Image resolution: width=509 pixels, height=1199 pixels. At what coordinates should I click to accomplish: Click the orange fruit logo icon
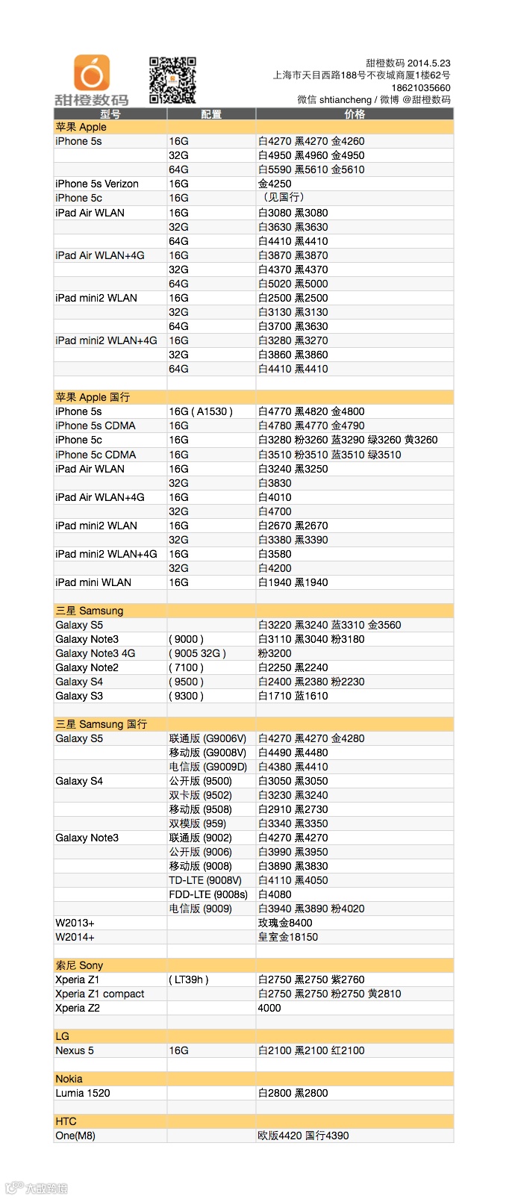pyautogui.click(x=92, y=73)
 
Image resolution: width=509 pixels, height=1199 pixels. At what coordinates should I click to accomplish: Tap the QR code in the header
pyautogui.click(x=172, y=80)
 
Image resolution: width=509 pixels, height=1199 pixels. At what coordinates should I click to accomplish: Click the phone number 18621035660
pyautogui.click(x=421, y=88)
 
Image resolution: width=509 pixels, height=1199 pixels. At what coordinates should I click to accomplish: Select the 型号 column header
pyautogui.click(x=110, y=114)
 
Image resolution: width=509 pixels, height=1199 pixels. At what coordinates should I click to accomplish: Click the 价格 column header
pyautogui.click(x=355, y=114)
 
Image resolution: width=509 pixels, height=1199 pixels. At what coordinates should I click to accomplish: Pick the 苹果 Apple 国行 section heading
pyautogui.click(x=93, y=397)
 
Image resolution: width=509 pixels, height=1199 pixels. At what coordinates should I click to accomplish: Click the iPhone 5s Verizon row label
pyautogui.click(x=97, y=184)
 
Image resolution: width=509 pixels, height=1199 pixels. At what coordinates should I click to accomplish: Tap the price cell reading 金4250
pyautogui.click(x=275, y=184)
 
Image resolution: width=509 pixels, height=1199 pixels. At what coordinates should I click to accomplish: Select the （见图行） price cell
pyautogui.click(x=281, y=198)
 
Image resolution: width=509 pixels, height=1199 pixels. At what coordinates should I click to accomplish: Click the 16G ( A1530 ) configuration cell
pyautogui.click(x=201, y=411)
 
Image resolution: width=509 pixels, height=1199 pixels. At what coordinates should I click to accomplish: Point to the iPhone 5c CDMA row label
pyautogui.click(x=96, y=455)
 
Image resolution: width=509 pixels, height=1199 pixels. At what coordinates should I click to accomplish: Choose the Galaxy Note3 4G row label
pyautogui.click(x=96, y=653)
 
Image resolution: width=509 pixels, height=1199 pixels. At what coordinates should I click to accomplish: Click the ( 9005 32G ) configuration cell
pyautogui.click(x=198, y=653)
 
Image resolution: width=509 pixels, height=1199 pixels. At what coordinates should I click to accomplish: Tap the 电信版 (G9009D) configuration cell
pyautogui.click(x=207, y=767)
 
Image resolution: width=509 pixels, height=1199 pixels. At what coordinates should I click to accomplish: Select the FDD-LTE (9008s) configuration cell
pyautogui.click(x=208, y=894)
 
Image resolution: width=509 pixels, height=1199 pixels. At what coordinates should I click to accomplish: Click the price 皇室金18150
pyautogui.click(x=288, y=937)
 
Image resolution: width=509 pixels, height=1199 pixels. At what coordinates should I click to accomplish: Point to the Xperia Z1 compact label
pyautogui.click(x=100, y=994)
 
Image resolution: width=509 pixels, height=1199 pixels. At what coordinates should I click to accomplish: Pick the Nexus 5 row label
pyautogui.click(x=75, y=1050)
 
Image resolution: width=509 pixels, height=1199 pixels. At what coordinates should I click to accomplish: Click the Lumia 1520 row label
pyautogui.click(x=83, y=1093)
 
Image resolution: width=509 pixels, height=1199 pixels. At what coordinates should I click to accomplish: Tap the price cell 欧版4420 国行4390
pyautogui.click(x=303, y=1136)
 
